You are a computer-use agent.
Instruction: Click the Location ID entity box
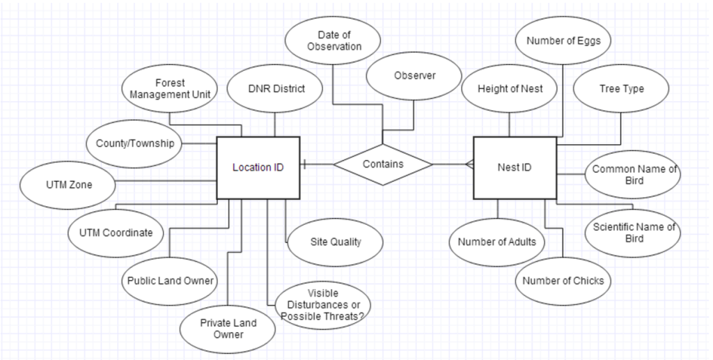258,167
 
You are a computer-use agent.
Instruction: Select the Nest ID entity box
515,167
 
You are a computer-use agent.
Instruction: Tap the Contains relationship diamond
383,164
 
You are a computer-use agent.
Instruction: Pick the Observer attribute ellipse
414,75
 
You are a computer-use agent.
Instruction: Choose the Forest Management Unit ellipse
170,89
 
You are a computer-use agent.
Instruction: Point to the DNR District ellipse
276,89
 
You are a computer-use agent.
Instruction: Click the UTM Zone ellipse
69,185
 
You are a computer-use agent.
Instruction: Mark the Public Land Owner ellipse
170,281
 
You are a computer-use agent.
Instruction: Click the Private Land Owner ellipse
228,329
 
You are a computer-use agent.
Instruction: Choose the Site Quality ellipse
336,242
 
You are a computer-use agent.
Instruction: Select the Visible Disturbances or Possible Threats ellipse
322,304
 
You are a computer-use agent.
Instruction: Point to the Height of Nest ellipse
510,89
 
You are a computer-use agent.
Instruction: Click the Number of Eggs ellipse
563,41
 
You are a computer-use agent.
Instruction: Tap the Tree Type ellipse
621,89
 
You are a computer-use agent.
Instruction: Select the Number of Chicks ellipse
563,281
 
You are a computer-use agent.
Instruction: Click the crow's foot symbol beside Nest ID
469,164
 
